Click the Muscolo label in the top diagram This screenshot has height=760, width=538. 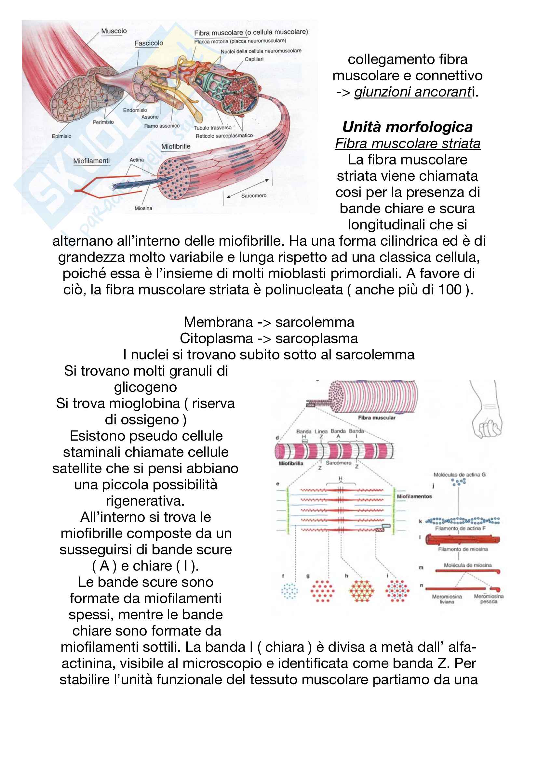pos(114,31)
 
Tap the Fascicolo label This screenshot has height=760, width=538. pos(149,43)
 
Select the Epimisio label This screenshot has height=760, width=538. pos(61,136)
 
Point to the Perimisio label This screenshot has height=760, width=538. pos(103,122)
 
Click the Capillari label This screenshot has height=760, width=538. pos(254,59)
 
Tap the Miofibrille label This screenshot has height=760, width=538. pos(176,146)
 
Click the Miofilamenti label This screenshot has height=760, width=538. pos(91,161)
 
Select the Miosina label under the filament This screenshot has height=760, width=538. pos(143,208)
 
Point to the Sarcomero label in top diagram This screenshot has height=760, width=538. pos(253,196)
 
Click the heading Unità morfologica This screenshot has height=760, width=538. pos(407,127)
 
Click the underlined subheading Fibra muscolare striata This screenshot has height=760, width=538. pos(408,144)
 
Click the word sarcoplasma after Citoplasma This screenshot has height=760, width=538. pos(316,338)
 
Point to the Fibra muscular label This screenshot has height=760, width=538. pos(376,418)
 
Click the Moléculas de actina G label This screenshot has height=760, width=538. pos(460,475)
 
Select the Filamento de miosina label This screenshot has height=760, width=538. pos(463,549)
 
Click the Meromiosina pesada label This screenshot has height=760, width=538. pos(488,599)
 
